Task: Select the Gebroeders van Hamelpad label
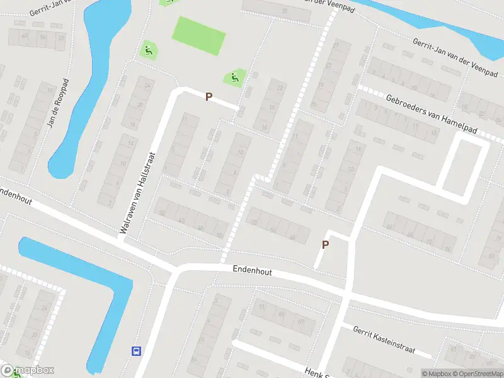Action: (432, 113)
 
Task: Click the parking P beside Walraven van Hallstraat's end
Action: (209, 97)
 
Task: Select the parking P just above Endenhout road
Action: (325, 245)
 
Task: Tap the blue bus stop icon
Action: (135, 350)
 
